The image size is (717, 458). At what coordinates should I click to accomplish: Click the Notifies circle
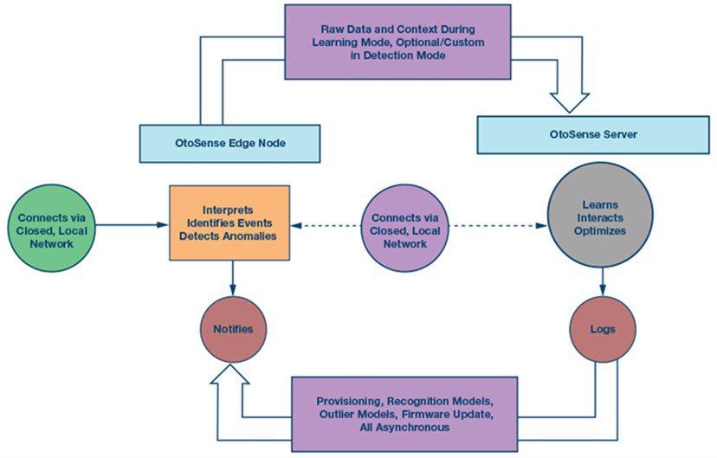(233, 330)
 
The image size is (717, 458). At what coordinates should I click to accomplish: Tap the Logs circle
(604, 330)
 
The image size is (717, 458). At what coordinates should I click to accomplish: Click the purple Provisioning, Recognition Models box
(404, 413)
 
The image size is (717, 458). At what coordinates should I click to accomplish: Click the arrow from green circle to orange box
(130, 225)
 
